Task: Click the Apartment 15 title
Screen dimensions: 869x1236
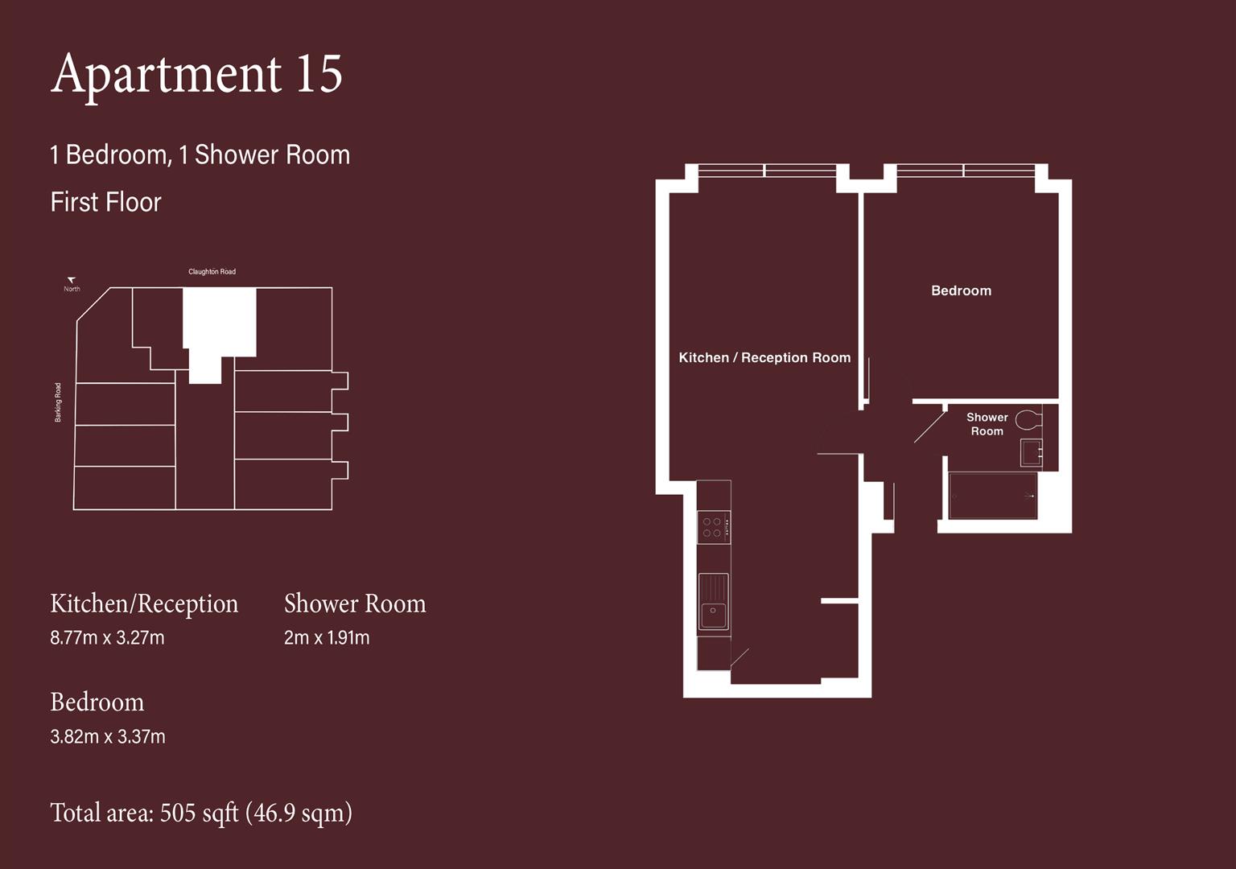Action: tap(196, 74)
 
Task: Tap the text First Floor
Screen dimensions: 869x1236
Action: tap(105, 202)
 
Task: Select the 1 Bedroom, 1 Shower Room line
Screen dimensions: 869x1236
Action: tap(200, 154)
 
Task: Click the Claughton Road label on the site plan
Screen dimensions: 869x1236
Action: tap(212, 272)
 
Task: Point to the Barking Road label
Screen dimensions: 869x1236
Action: tap(58, 402)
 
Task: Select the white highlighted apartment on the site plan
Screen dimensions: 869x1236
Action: tap(218, 322)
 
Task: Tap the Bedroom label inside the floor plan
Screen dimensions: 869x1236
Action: tap(961, 290)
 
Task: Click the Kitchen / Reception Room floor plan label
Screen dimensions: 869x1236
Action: tap(764, 357)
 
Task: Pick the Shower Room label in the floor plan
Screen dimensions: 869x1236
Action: tap(987, 424)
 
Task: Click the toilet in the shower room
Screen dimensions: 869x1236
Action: tap(1028, 419)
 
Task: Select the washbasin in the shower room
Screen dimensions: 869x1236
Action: tap(1031, 452)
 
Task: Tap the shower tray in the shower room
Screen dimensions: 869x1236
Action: tap(992, 496)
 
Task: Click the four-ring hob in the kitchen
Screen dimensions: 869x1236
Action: tap(713, 528)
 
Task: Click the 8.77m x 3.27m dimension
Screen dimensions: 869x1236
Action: tap(107, 638)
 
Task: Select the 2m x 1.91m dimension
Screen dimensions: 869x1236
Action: tap(327, 638)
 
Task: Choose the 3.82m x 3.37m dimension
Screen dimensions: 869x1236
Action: tap(108, 736)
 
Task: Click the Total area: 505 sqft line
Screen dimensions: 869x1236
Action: tap(201, 813)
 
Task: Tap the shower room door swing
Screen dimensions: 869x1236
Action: tap(929, 426)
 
